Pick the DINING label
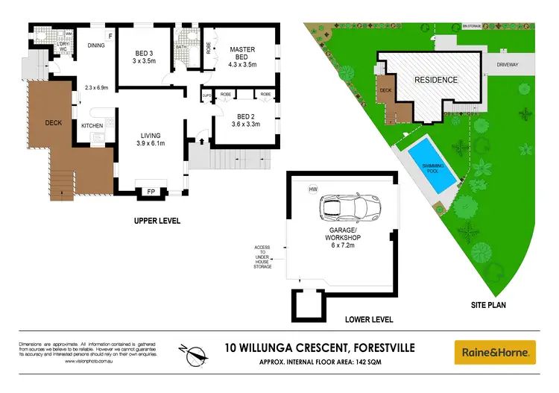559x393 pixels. click(95, 45)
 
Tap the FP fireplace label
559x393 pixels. click(151, 192)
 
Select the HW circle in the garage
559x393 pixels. click(312, 189)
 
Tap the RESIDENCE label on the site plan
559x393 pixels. click(436, 80)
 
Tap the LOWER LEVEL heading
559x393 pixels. click(370, 319)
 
